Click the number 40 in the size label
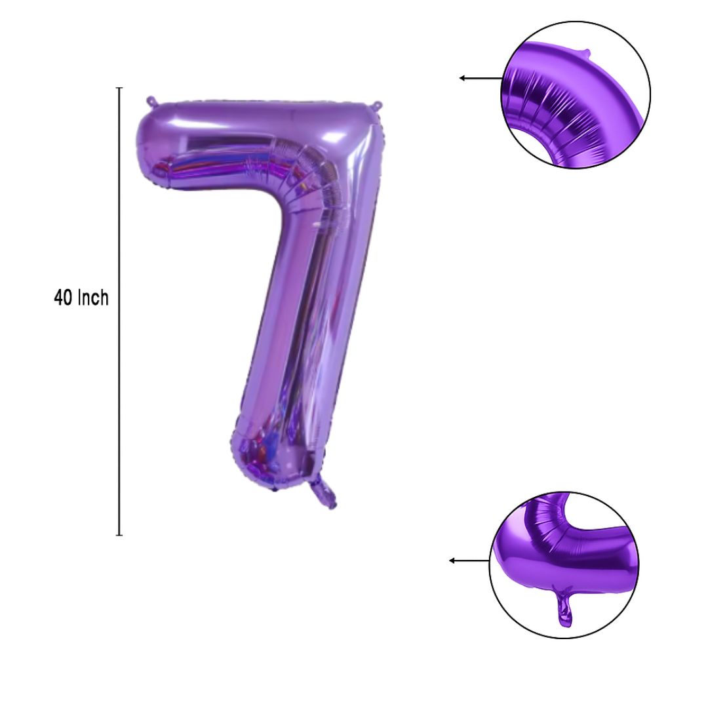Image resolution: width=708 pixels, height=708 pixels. click(x=63, y=298)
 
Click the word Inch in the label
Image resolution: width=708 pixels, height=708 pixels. click(x=94, y=298)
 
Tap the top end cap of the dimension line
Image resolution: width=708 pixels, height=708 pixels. click(x=119, y=88)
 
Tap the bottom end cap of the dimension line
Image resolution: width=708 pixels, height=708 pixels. click(x=119, y=535)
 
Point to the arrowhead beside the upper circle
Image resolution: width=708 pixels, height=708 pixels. click(x=462, y=78)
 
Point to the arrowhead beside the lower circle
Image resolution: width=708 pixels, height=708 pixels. click(x=452, y=560)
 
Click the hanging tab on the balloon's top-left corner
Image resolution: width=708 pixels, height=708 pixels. click(x=151, y=101)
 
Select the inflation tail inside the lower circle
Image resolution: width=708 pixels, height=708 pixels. click(x=564, y=607)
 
